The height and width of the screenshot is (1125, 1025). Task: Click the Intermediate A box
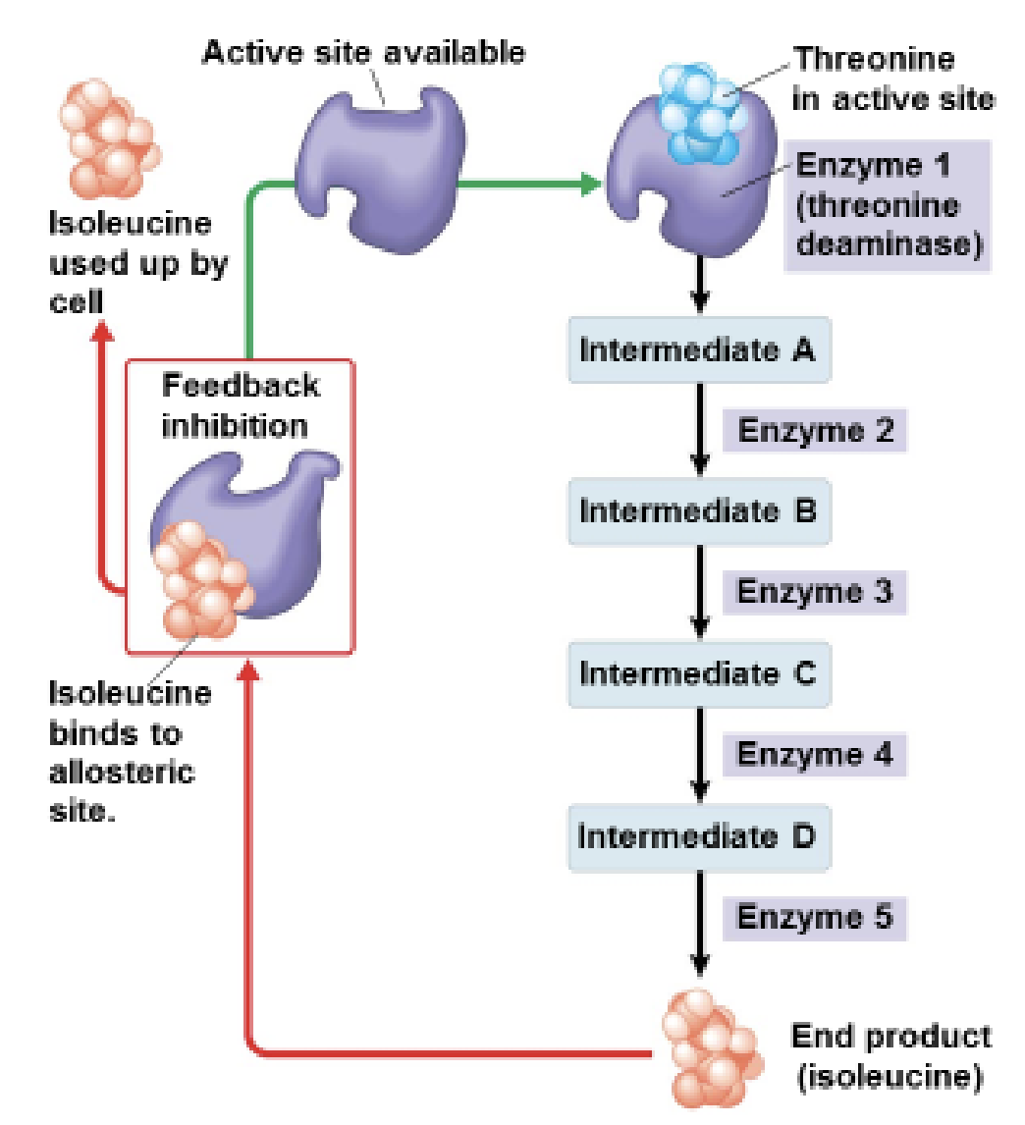(699, 350)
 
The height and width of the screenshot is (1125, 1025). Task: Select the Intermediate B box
(699, 511)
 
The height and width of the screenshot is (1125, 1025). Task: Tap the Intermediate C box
(699, 674)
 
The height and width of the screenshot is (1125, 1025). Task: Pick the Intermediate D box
(699, 836)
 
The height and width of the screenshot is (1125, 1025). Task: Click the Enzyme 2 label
(815, 431)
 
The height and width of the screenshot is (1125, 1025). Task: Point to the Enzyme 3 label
(815, 593)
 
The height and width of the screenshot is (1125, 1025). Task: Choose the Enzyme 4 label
(815, 755)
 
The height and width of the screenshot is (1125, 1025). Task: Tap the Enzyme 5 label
(815, 918)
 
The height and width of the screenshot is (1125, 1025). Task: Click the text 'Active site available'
(363, 52)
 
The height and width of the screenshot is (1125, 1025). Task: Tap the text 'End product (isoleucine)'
(890, 1056)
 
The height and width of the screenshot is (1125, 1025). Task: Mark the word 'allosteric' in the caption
(122, 773)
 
